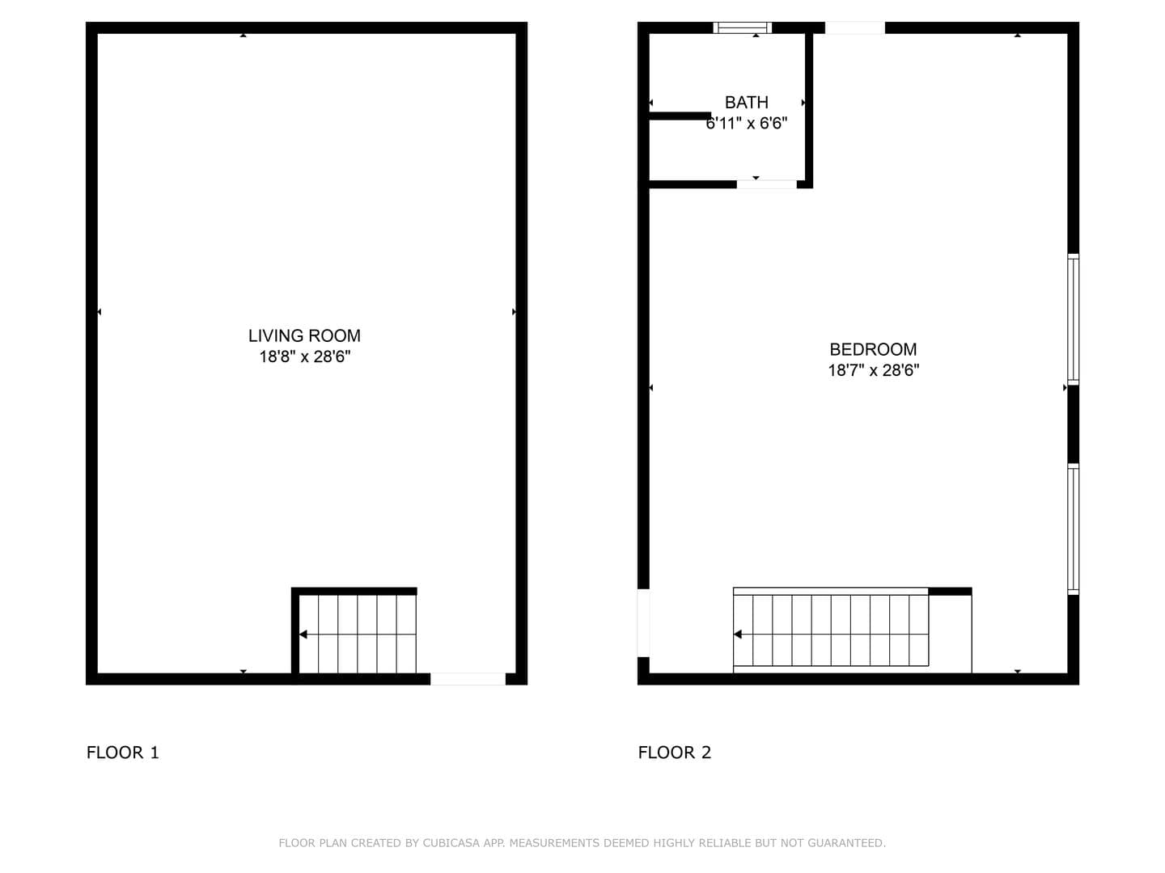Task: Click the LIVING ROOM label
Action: click(x=304, y=335)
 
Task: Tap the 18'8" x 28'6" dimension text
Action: click(x=305, y=356)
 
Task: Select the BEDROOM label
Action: click(x=873, y=349)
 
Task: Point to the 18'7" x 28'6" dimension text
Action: click(x=874, y=370)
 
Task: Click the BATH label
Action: click(x=746, y=103)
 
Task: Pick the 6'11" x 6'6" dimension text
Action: click(x=746, y=124)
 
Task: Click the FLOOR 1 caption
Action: click(x=123, y=752)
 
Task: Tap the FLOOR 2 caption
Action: click(x=674, y=752)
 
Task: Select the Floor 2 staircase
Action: click(x=831, y=630)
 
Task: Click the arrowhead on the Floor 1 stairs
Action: click(x=303, y=635)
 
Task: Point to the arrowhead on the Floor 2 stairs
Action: click(x=737, y=635)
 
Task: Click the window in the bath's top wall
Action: click(x=742, y=27)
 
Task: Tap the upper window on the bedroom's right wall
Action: click(x=1074, y=319)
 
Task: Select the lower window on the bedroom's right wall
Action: click(x=1074, y=529)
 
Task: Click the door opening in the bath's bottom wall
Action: click(x=766, y=184)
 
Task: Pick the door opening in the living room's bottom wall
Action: click(x=468, y=679)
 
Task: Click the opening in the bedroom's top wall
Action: click(x=854, y=27)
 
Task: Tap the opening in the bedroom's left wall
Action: click(x=643, y=623)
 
